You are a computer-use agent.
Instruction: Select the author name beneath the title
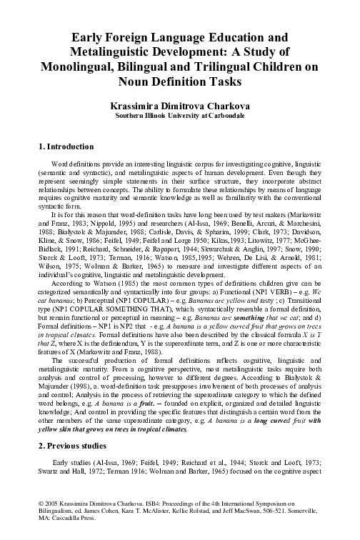click(x=180, y=104)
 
